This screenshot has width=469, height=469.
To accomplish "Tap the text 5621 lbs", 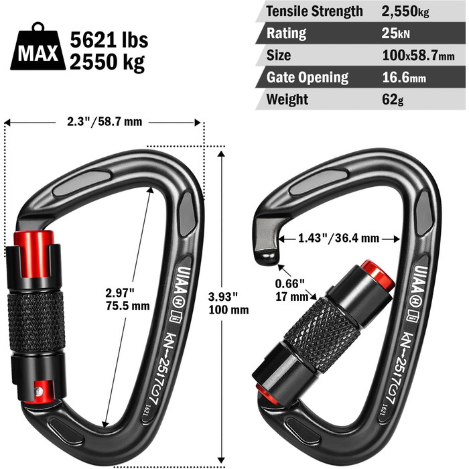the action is tap(109, 40).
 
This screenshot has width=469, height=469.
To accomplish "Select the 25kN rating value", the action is tap(395, 33).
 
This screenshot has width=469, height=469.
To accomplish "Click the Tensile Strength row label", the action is tap(314, 11).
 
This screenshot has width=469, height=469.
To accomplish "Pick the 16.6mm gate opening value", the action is tap(404, 78).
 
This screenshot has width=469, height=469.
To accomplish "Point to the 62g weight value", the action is tap(393, 100).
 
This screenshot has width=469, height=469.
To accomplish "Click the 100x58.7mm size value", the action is tap(418, 56).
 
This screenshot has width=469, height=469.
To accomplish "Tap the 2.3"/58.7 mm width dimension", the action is tap(105, 122).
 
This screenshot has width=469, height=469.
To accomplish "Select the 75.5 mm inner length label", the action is tap(128, 306).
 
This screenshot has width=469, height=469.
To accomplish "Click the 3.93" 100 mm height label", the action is tap(228, 304).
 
